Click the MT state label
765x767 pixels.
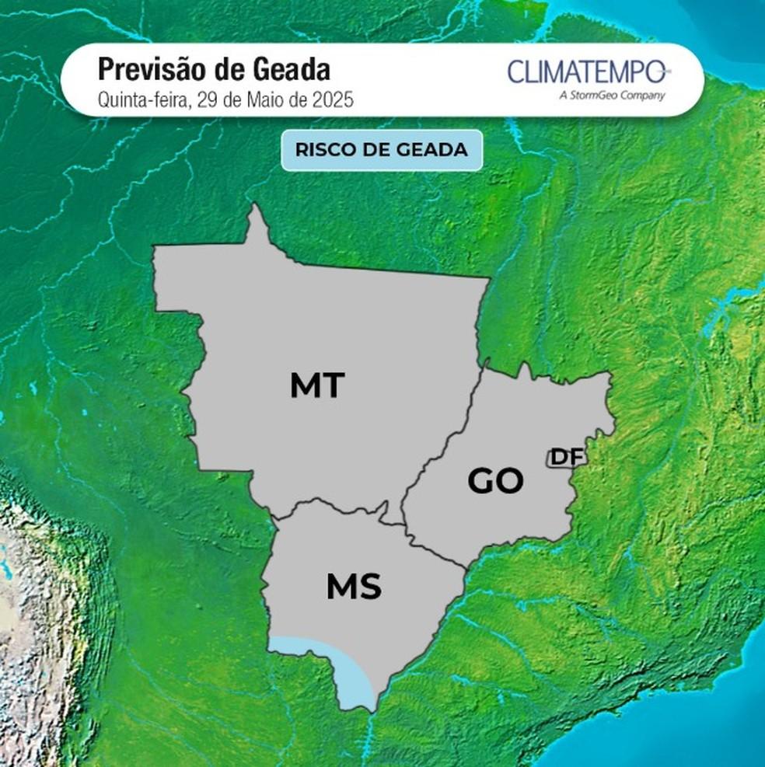click(x=317, y=385)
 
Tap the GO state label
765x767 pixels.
click(x=495, y=481)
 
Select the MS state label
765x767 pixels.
click(x=354, y=587)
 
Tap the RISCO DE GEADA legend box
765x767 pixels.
click(x=382, y=150)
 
